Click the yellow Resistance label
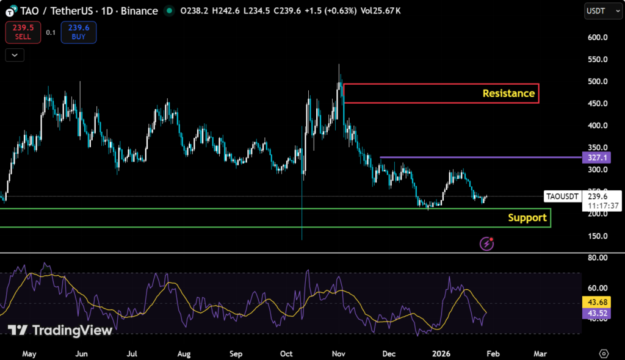point(508,93)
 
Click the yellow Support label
point(527,218)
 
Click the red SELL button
point(23,32)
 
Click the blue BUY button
point(78,32)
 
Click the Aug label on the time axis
point(184,353)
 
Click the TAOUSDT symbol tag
point(562,196)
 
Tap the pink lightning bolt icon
point(486,243)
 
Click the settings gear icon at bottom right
point(604,353)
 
